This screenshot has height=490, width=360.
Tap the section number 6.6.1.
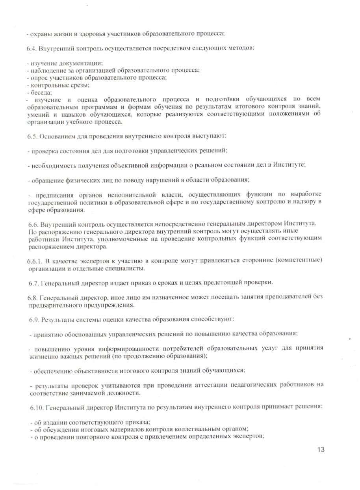point(34,261)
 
